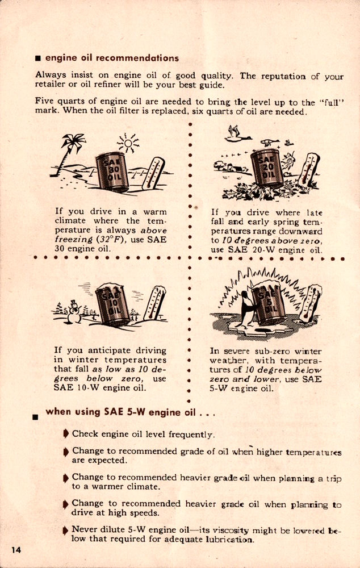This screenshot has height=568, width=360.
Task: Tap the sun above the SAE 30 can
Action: click(128, 144)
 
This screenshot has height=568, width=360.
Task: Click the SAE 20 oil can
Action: click(267, 168)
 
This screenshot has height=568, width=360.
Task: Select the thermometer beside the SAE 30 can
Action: click(153, 173)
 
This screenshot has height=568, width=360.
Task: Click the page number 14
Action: click(16, 549)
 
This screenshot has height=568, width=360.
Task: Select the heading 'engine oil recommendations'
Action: click(112, 58)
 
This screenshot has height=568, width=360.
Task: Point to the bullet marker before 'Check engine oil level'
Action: click(66, 434)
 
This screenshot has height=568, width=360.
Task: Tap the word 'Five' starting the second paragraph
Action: click(45, 102)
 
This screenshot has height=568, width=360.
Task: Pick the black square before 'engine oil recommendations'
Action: click(37, 59)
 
